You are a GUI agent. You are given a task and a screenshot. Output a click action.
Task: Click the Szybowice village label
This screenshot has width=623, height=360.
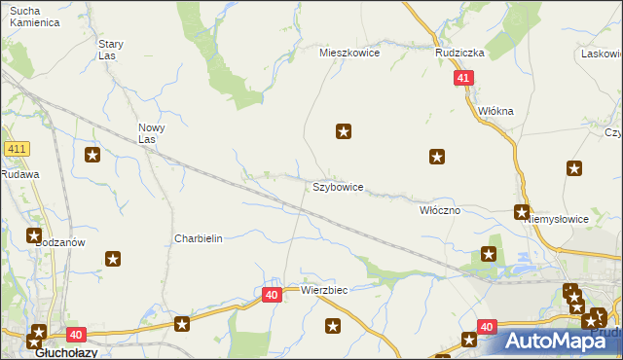(338, 187)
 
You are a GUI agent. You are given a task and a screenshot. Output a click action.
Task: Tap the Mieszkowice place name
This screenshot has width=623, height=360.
(349, 54)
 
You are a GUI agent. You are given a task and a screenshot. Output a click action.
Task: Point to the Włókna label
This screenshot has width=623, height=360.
(495, 111)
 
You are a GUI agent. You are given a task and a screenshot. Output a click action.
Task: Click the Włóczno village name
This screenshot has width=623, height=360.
(439, 209)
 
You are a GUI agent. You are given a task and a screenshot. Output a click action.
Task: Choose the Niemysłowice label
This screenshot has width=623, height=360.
(557, 219)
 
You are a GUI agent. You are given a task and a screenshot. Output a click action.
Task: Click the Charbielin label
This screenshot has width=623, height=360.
(199, 238)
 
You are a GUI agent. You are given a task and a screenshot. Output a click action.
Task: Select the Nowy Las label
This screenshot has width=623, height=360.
(151, 133)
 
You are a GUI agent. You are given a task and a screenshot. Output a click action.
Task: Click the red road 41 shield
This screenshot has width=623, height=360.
(463, 78)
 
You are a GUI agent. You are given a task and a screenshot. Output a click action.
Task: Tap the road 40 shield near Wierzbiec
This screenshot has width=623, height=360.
(272, 293)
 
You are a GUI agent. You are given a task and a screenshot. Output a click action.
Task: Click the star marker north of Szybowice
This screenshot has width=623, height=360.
(344, 130)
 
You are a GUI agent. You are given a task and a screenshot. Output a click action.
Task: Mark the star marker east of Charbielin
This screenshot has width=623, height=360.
(113, 259)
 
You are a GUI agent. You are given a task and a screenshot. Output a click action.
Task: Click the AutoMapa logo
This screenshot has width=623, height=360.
(559, 342)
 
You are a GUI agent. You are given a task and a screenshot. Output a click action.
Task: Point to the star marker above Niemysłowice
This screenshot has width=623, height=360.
(574, 168)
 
